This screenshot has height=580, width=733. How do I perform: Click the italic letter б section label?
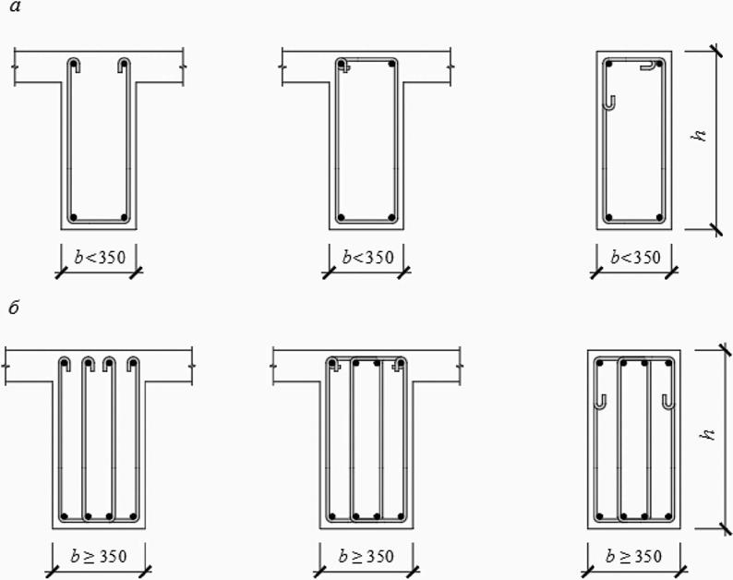pyautogui.click(x=14, y=308)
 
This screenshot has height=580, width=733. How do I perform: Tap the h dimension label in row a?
pyautogui.click(x=699, y=134)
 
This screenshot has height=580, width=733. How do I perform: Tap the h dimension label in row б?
pyautogui.click(x=708, y=433)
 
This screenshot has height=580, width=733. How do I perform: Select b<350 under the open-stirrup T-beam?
pyautogui.click(x=100, y=257)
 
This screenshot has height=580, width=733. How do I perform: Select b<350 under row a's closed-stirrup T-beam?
pyautogui.click(x=368, y=257)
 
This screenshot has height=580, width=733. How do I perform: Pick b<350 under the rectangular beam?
pyautogui.click(x=636, y=257)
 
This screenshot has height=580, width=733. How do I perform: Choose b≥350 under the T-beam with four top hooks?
pyautogui.click(x=99, y=556)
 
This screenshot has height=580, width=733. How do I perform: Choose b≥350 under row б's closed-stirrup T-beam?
pyautogui.click(x=366, y=556)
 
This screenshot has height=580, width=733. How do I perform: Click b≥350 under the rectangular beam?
pyautogui.click(x=634, y=556)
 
